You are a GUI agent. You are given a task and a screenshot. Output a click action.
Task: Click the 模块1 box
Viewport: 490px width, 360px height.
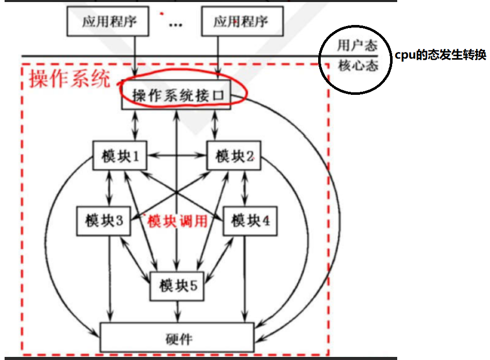[x=119, y=156]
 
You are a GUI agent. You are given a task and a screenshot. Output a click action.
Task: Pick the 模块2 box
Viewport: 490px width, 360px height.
[x=234, y=156]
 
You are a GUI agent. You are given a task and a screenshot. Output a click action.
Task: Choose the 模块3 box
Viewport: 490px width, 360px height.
[x=104, y=221]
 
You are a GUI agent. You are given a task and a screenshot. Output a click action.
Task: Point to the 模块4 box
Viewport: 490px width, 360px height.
[x=250, y=221]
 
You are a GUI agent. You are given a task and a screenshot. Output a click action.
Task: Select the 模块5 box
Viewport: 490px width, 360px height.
[x=177, y=286]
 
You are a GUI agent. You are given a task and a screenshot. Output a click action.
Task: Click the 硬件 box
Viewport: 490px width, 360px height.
[x=177, y=337]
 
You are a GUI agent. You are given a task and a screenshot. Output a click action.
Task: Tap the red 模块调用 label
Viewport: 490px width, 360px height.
[x=177, y=221]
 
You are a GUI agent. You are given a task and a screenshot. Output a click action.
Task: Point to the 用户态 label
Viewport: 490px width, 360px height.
[x=357, y=45]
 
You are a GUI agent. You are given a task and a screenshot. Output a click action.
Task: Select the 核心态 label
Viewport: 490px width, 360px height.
[x=357, y=66]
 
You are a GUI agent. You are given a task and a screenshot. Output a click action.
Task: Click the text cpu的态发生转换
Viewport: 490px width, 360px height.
[x=440, y=56]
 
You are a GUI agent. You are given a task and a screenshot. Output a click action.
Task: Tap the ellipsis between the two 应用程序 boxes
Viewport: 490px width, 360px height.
[x=175, y=24]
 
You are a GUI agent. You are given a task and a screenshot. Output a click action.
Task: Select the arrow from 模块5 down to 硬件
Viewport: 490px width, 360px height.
[x=177, y=311]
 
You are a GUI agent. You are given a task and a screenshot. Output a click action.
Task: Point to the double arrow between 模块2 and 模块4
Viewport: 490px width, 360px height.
[x=246, y=188]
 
